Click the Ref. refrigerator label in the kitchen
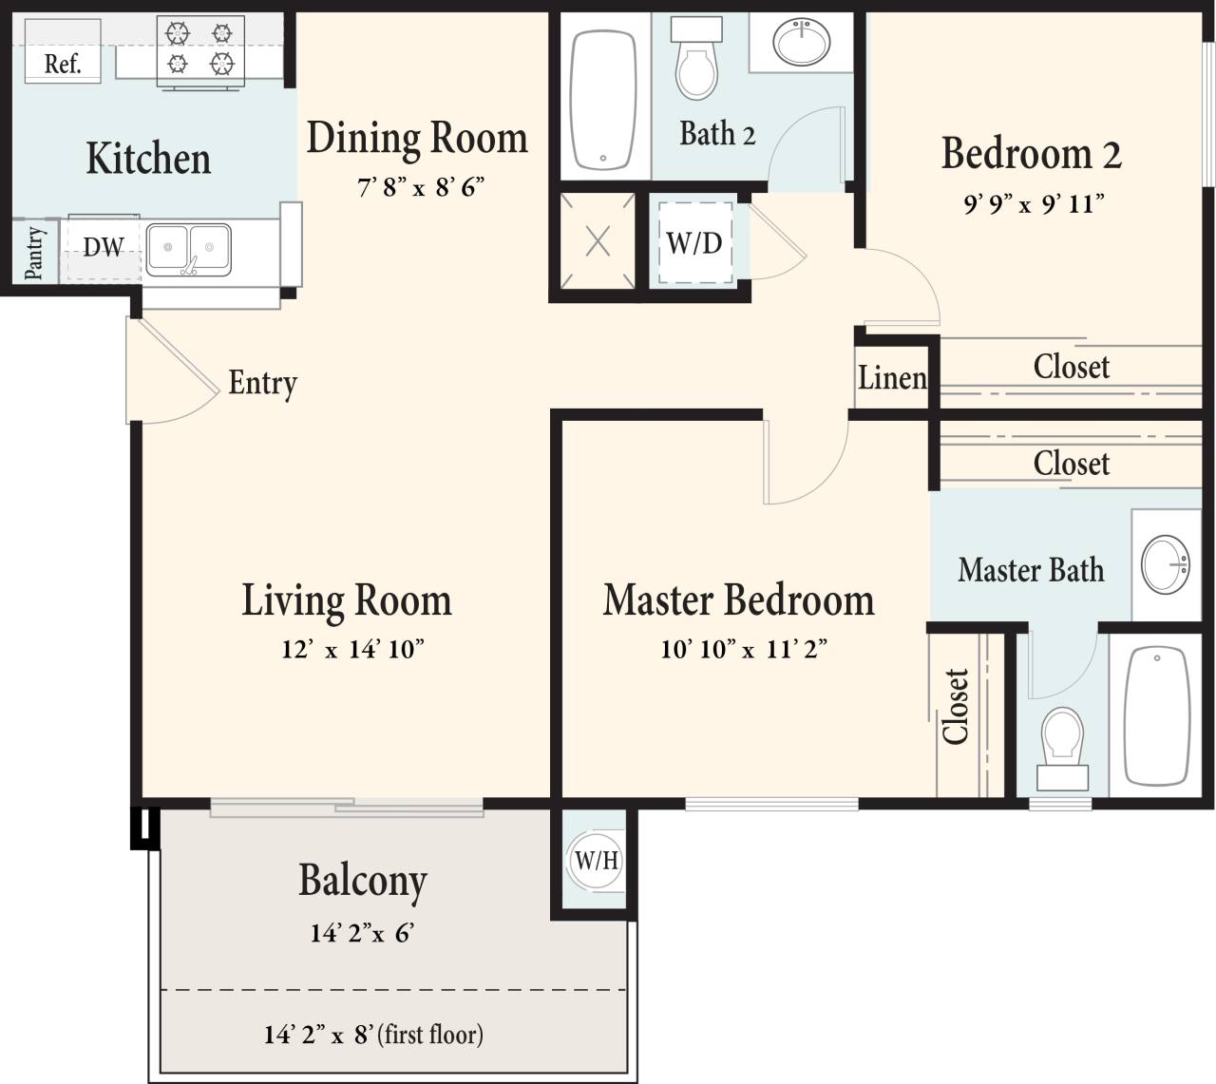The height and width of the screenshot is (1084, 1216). coord(63,65)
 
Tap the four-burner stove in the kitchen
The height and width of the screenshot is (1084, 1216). coord(199,49)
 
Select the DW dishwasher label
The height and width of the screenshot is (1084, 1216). coord(103,247)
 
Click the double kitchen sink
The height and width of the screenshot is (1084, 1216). coord(188,250)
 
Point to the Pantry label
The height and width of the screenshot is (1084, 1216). coord(34,253)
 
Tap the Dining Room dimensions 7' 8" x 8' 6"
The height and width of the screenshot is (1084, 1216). coord(421,186)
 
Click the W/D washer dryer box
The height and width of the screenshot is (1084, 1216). coord(694,243)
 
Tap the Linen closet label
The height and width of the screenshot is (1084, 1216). coord(892,378)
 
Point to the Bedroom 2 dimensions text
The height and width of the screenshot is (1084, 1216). coord(1033,203)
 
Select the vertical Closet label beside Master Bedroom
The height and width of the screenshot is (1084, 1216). coord(957,707)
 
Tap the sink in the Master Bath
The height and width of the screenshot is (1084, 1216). coord(1165,563)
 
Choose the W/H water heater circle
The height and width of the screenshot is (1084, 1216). coord(596,862)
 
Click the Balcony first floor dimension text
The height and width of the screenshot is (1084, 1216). coord(373,1035)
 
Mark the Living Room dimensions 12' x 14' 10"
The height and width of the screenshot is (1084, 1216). coord(352,650)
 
